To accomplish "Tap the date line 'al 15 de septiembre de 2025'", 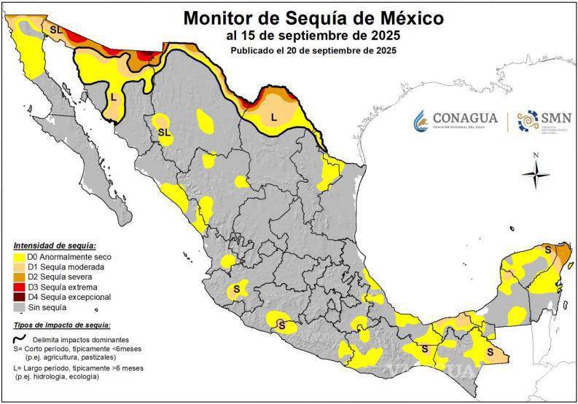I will [x=313, y=35].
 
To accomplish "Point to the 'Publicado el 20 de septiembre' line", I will [x=313, y=50].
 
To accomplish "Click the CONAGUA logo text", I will [x=465, y=118].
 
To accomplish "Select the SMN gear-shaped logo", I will [x=528, y=122].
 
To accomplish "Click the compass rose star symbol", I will [x=536, y=175].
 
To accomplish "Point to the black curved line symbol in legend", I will [x=19, y=338].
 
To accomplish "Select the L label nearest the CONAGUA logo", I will [x=274, y=116].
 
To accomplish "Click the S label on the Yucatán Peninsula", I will [x=548, y=250].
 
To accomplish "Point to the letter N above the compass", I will [x=536, y=155].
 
